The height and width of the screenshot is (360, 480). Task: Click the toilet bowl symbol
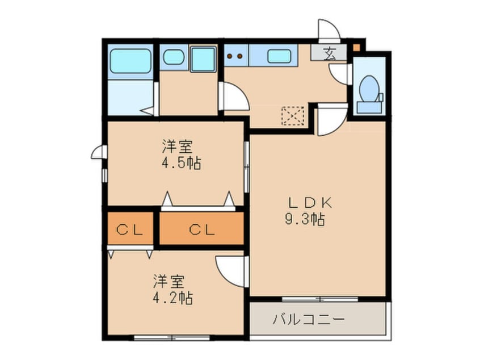(369, 88)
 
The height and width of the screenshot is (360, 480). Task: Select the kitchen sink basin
(278, 56)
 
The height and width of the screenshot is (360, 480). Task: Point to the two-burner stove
(235, 56)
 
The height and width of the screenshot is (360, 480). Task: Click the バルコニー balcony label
(309, 319)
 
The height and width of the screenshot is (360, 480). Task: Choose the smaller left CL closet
(130, 230)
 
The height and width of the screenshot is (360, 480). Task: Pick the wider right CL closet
(201, 230)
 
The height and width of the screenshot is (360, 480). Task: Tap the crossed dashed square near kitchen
(293, 116)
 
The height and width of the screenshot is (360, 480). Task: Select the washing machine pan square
(203, 59)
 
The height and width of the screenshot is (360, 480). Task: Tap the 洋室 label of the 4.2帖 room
(168, 281)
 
